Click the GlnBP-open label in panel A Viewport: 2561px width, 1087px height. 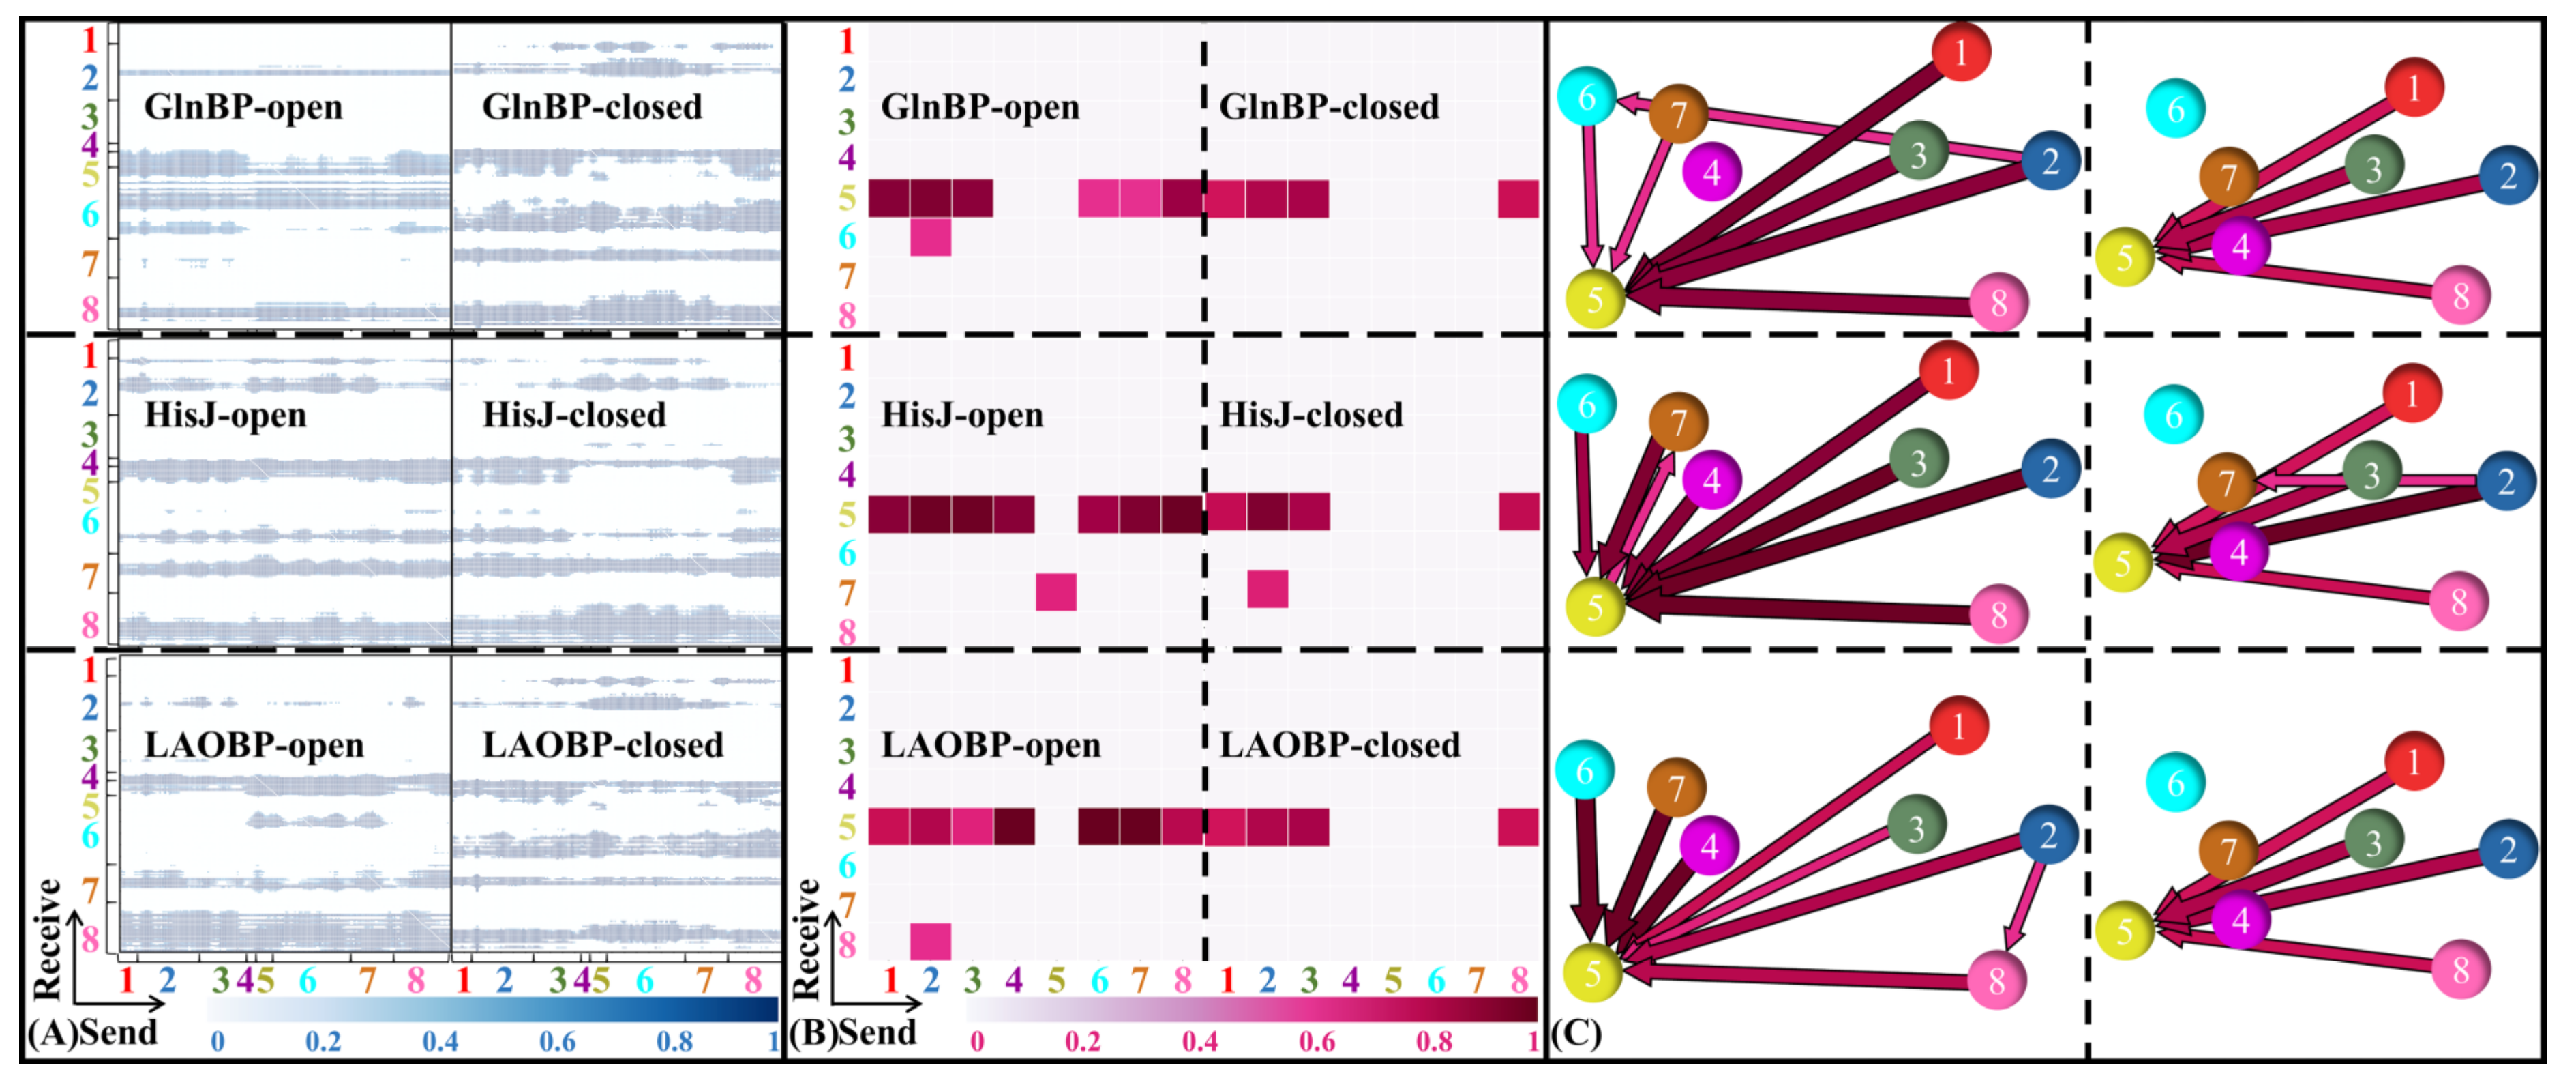click(243, 106)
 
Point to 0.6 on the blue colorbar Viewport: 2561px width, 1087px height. click(557, 1041)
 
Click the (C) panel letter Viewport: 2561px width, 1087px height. click(1577, 1033)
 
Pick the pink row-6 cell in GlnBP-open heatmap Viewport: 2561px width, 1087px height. click(931, 237)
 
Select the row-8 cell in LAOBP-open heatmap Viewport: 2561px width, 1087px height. click(931, 941)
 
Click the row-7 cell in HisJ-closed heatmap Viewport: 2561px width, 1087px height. click(1268, 589)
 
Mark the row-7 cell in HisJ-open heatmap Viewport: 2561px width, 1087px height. click(1055, 592)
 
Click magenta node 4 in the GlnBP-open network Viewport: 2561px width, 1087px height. click(1711, 171)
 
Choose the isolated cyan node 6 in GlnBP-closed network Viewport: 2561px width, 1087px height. click(2175, 108)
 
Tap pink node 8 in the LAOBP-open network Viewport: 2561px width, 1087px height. click(1996, 980)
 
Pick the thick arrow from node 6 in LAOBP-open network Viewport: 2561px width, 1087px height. click(1588, 865)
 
